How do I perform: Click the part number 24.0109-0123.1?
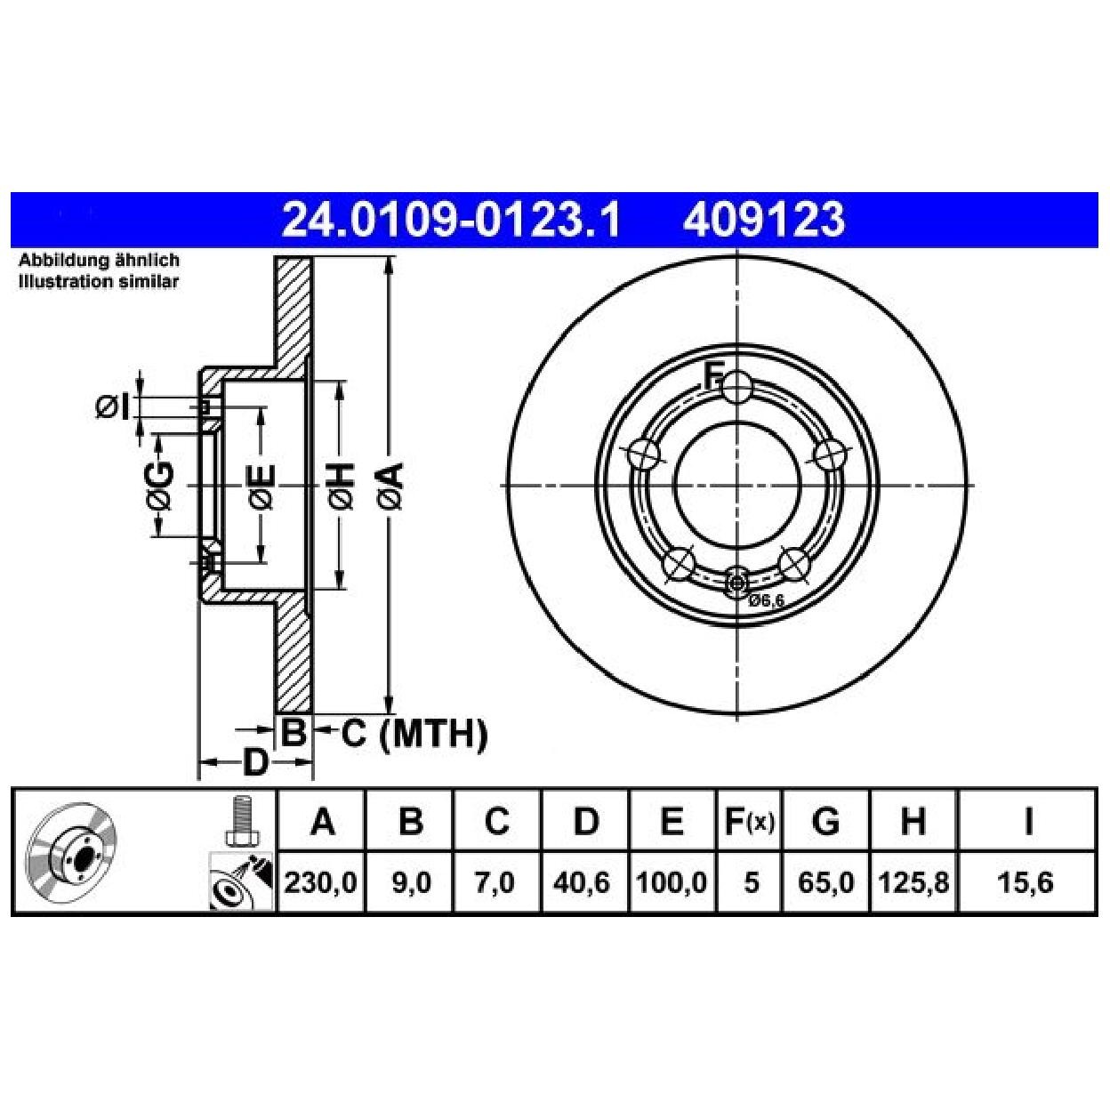(450, 220)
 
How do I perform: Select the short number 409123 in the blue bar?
(764, 220)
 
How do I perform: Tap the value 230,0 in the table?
(321, 882)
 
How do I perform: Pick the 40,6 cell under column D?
(581, 882)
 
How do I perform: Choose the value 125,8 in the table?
(913, 882)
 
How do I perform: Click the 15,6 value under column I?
(1026, 882)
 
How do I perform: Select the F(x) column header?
(750, 822)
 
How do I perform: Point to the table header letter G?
(825, 822)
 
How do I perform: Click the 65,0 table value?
(825, 882)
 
